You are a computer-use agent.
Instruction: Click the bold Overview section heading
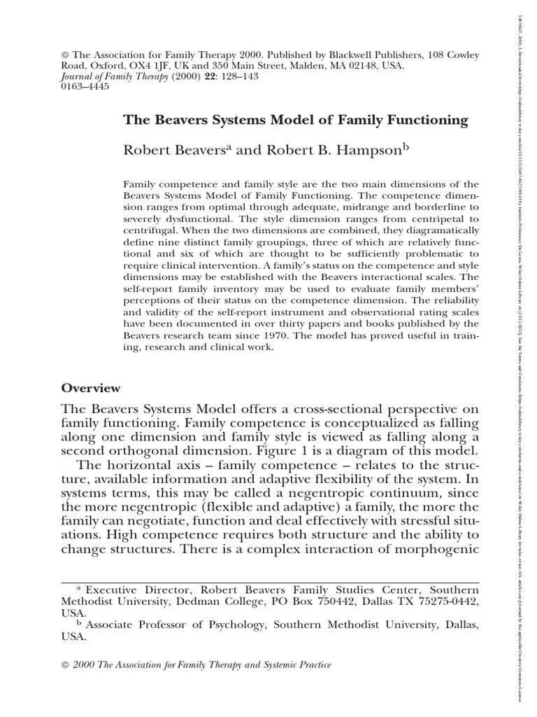(x=91, y=388)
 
